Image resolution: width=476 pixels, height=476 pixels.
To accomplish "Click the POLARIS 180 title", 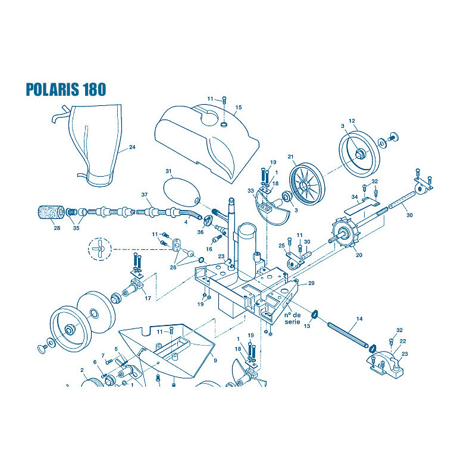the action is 66,90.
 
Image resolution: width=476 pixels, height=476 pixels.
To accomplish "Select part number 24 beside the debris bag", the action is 132,147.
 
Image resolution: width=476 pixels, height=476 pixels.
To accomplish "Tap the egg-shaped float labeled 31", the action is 182,192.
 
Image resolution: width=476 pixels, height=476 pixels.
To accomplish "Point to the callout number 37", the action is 145,195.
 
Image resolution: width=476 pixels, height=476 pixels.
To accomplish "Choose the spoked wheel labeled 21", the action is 306,184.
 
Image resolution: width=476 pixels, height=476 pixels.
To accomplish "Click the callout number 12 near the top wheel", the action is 352,121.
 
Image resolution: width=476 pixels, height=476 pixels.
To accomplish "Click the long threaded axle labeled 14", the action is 349,336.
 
